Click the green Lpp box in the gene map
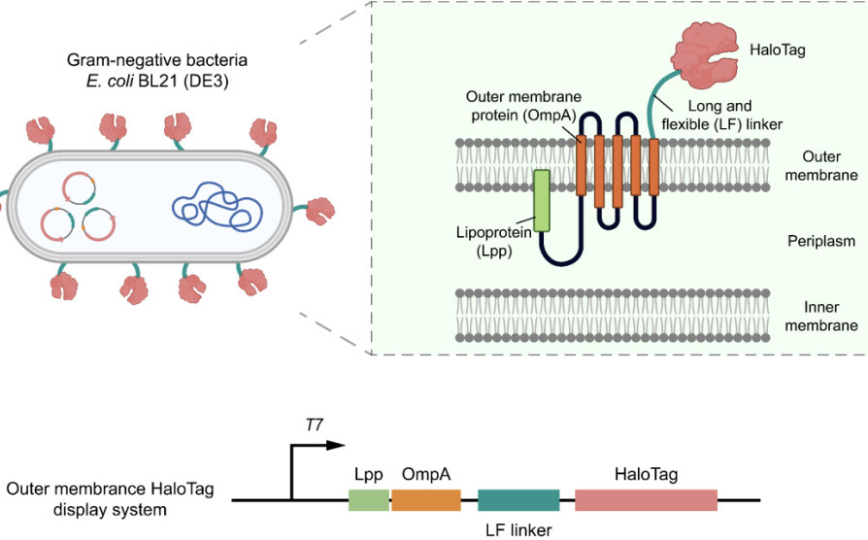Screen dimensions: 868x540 pyautogui.click(x=369, y=500)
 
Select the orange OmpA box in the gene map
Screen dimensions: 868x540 pyautogui.click(x=426, y=500)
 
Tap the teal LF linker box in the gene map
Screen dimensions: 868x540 pyautogui.click(x=518, y=500)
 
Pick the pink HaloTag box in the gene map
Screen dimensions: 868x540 pyautogui.click(x=646, y=500)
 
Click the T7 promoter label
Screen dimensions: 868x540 pyautogui.click(x=314, y=424)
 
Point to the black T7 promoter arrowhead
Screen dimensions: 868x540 pyautogui.click(x=336, y=445)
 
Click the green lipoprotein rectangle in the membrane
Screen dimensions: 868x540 pyautogui.click(x=542, y=200)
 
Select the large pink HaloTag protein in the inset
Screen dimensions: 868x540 pyautogui.click(x=704, y=55)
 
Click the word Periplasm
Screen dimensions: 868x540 pyautogui.click(x=821, y=241)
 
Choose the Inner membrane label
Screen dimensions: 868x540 pyautogui.click(x=821, y=316)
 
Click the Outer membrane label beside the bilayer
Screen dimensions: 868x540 pyautogui.click(x=821, y=166)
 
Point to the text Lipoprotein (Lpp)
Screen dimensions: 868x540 pyautogui.click(x=494, y=242)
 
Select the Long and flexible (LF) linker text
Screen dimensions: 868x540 pyautogui.click(x=721, y=115)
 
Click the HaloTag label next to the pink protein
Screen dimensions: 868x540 pyautogui.click(x=777, y=50)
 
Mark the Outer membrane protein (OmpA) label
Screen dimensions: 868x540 pyautogui.click(x=523, y=106)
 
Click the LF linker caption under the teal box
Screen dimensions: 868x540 pyautogui.click(x=518, y=529)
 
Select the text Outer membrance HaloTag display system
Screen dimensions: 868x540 pyautogui.click(x=110, y=499)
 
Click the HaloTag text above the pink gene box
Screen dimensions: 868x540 pyautogui.click(x=646, y=474)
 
